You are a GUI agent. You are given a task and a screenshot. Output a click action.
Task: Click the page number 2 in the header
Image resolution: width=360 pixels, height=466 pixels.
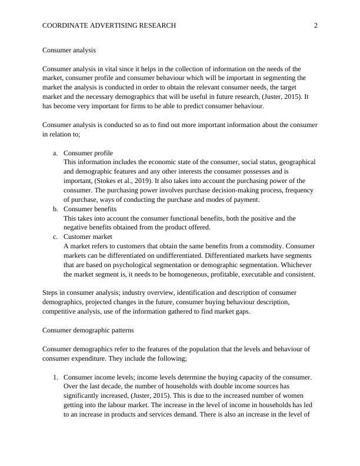[x=315, y=25]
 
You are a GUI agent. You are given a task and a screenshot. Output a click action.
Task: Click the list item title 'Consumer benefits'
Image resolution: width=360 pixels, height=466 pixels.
[x=90, y=209]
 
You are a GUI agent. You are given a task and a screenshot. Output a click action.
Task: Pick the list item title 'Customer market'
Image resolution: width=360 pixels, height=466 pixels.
[x=88, y=237]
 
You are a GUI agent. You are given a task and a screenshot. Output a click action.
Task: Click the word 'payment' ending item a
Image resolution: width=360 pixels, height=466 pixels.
[x=245, y=199]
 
